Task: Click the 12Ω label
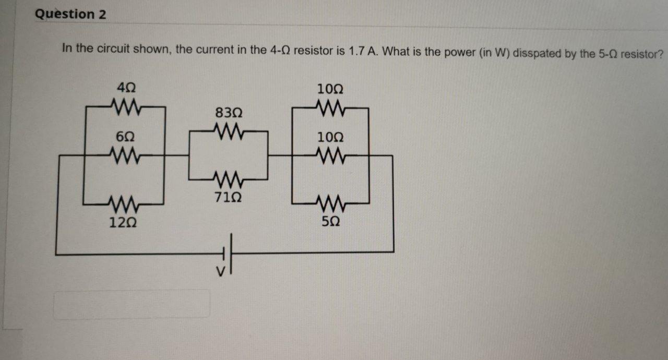point(123,223)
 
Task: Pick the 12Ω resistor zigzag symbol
point(124,202)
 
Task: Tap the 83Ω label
point(229,113)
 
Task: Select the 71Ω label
point(229,198)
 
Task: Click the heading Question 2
point(70,15)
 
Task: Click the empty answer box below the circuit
point(132,304)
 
